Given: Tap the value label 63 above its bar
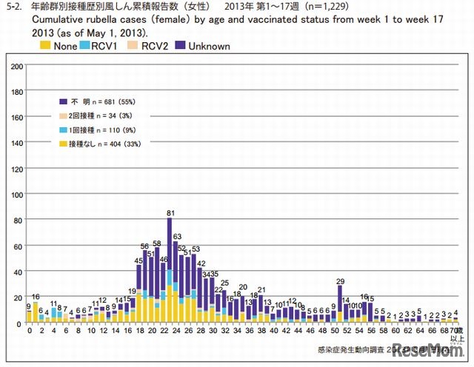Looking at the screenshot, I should coord(177,236).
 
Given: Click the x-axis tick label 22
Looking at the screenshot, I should coord(164,331).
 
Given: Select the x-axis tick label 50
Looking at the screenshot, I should coord(333,331).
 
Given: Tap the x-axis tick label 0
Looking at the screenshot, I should coord(29,331).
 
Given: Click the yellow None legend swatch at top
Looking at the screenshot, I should coord(47,46).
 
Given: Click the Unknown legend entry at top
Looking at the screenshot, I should coord(209,46).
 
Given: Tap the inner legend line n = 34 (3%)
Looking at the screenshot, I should coord(100,115).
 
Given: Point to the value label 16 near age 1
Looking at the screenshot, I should coord(35,296).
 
